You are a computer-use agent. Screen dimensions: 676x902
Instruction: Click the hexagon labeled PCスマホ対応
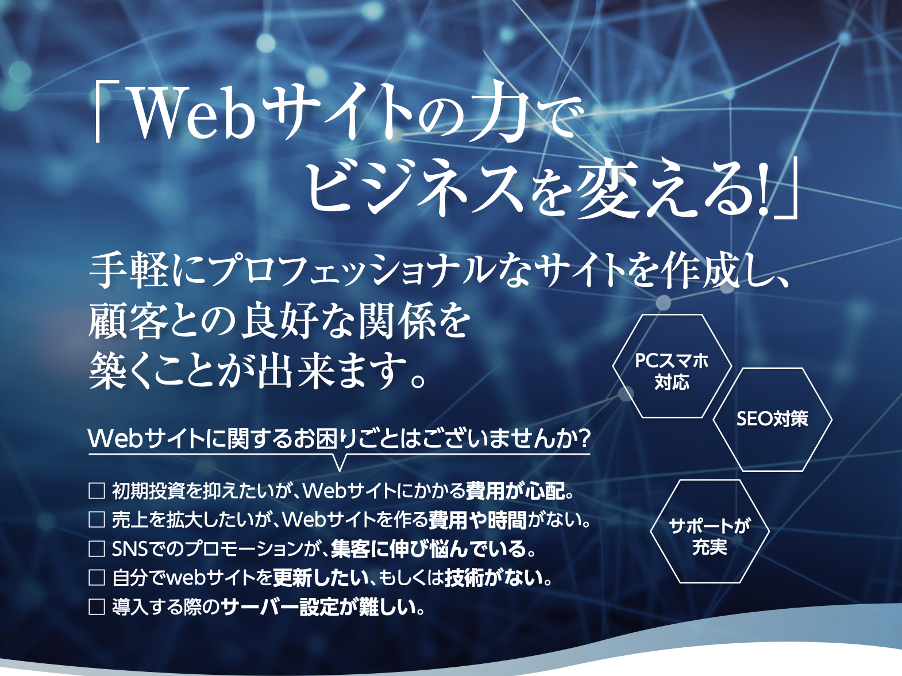click(x=672, y=366)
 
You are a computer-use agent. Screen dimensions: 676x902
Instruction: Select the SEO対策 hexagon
click(x=772, y=419)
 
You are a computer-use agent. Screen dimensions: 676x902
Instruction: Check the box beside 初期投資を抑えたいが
click(x=97, y=491)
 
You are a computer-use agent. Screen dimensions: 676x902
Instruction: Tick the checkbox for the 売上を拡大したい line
click(x=97, y=520)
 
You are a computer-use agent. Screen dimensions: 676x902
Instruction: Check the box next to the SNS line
click(x=97, y=548)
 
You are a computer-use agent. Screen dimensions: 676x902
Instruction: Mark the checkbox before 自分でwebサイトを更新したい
click(x=97, y=577)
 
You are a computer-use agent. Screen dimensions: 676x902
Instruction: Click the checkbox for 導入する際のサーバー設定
click(x=97, y=606)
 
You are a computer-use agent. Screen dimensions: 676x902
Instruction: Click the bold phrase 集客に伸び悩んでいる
click(x=428, y=549)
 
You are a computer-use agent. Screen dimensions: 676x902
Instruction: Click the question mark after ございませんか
click(x=583, y=439)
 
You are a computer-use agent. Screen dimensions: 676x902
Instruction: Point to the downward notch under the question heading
click(x=340, y=463)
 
